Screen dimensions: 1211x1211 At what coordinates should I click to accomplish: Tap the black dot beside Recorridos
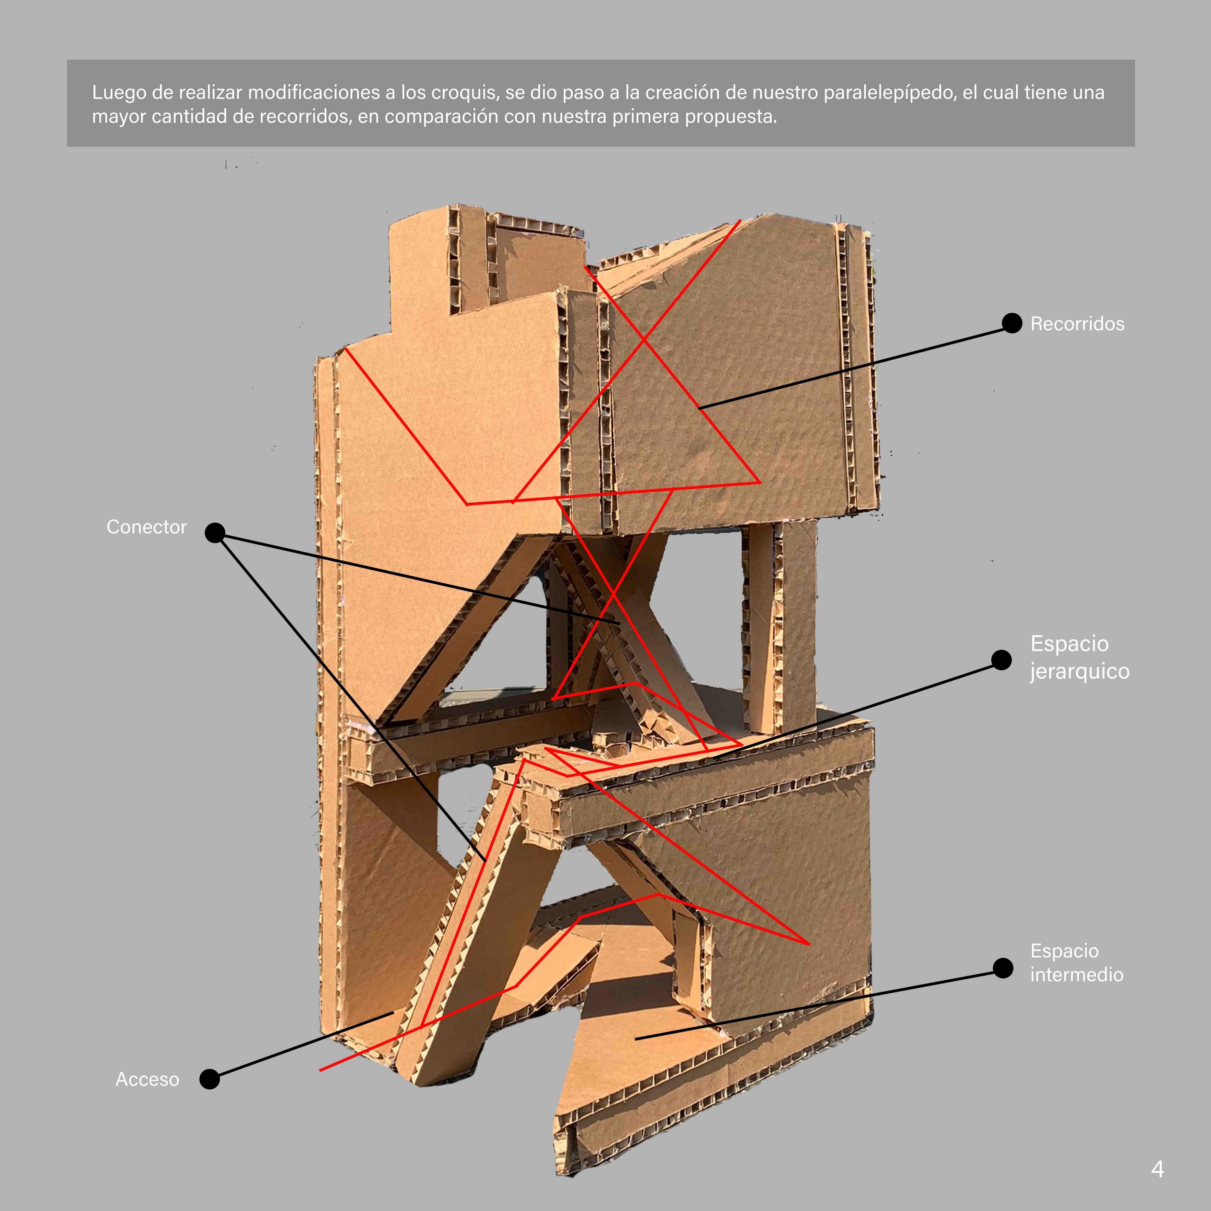[x=1012, y=324]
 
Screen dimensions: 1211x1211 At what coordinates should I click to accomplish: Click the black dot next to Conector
[x=215, y=533]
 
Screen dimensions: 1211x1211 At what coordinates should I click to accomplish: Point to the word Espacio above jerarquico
[x=1069, y=644]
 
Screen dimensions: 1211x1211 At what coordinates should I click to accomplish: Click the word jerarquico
[x=1079, y=671]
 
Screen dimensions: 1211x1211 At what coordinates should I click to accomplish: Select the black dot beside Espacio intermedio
[x=1003, y=968]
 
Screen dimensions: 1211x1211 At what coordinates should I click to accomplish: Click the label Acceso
[x=147, y=1079]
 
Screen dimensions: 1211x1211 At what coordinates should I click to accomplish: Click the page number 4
[x=1157, y=1169]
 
